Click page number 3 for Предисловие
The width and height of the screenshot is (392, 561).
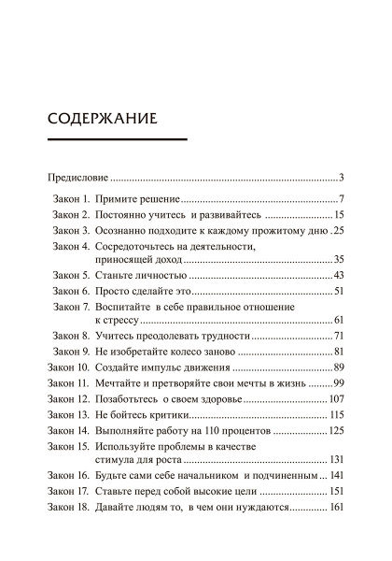tap(343, 177)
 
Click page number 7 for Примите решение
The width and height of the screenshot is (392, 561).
tap(343, 199)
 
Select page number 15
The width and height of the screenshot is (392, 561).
tap(340, 215)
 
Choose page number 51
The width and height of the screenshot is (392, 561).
tap(340, 292)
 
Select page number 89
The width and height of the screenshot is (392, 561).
tap(340, 367)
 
